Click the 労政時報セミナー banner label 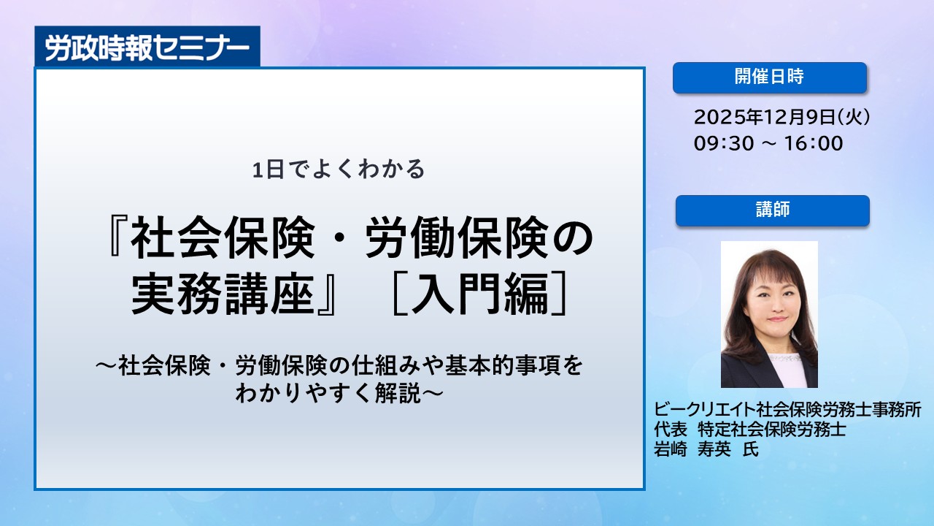point(147,47)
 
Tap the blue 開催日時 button point(770,77)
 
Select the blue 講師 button point(773,210)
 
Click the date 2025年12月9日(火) point(781,117)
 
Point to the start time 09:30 point(724,143)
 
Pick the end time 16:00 point(814,143)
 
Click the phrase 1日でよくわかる point(339,169)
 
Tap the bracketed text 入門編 point(479,294)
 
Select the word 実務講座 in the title point(223,294)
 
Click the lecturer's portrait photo point(769,314)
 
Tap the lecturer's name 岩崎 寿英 point(692,449)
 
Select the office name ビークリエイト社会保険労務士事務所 point(787,410)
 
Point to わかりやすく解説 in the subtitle point(328,393)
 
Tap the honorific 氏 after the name point(751,449)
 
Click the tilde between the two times point(769,143)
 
